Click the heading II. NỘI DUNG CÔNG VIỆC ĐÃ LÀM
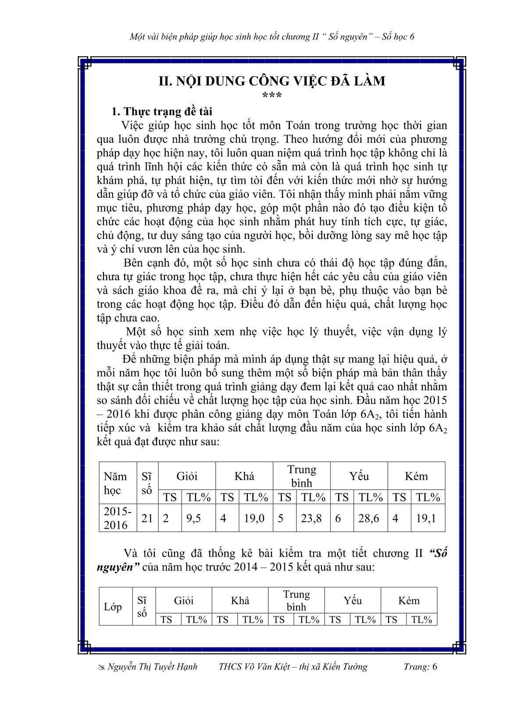click(272, 81)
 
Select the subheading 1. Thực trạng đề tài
click(162, 112)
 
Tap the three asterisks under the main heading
click(272, 96)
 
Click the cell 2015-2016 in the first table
click(117, 518)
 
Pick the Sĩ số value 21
click(147, 518)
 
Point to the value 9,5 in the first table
click(193, 518)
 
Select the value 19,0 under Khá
click(254, 518)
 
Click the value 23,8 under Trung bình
click(311, 518)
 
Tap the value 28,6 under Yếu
click(368, 518)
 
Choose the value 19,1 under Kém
click(426, 518)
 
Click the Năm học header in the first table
click(115, 483)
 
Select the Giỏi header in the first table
click(187, 476)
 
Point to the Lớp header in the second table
click(113, 607)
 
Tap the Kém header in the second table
click(409, 600)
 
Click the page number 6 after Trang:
click(434, 667)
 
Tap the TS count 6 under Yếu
click(338, 518)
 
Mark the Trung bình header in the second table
click(297, 600)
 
